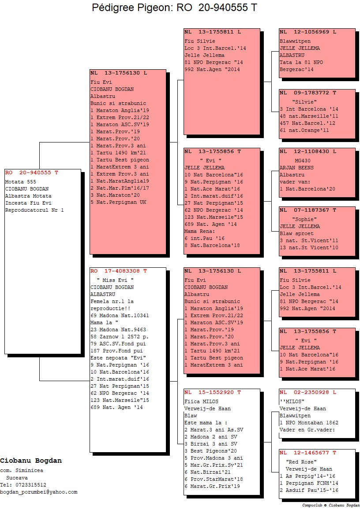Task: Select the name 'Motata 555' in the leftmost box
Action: tap(20, 182)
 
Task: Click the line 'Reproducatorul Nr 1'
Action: tap(34, 210)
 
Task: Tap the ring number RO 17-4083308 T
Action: tap(119, 271)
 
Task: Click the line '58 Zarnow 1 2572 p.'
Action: tap(120, 337)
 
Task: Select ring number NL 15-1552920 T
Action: tap(212, 392)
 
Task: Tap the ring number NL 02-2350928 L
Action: tap(308, 392)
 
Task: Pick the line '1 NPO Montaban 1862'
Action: tap(309, 423)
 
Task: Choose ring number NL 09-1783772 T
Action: tap(308, 93)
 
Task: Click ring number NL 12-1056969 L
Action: tap(308, 32)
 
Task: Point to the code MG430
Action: tap(303, 161)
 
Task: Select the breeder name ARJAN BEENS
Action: tap(296, 168)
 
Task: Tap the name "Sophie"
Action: tap(304, 219)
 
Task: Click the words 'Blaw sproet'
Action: tap(296, 233)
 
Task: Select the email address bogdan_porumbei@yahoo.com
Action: tap(39, 492)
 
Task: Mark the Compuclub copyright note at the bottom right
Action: tap(330, 505)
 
